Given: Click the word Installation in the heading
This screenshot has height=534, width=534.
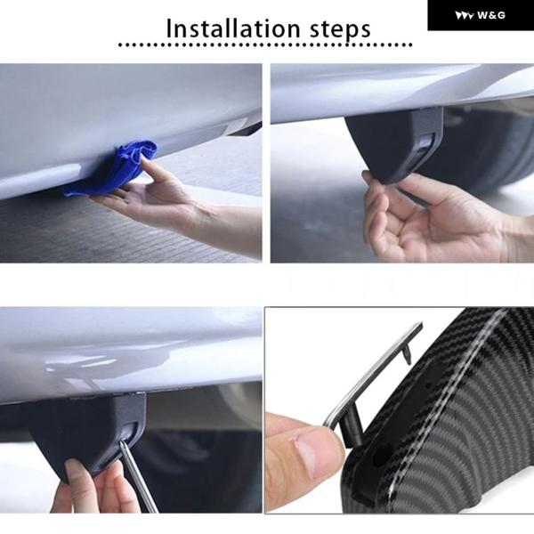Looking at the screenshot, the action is coord(233,28).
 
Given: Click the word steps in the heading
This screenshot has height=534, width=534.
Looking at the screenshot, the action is coord(340,30).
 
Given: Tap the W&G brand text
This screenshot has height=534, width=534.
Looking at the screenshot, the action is coord(491,15).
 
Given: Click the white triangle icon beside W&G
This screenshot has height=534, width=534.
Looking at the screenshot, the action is coord(465,15).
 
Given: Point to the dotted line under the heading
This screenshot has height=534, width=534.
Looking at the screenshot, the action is coord(265,44).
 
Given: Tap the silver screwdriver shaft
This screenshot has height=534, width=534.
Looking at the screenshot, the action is coord(138,477).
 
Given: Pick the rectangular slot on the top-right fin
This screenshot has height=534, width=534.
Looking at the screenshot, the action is coord(426,142).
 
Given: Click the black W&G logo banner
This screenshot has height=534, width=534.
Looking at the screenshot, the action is coord(481,15).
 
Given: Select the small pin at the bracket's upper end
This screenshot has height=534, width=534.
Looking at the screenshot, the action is coord(408,355).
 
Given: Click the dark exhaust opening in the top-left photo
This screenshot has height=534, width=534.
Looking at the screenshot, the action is coord(246,128).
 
